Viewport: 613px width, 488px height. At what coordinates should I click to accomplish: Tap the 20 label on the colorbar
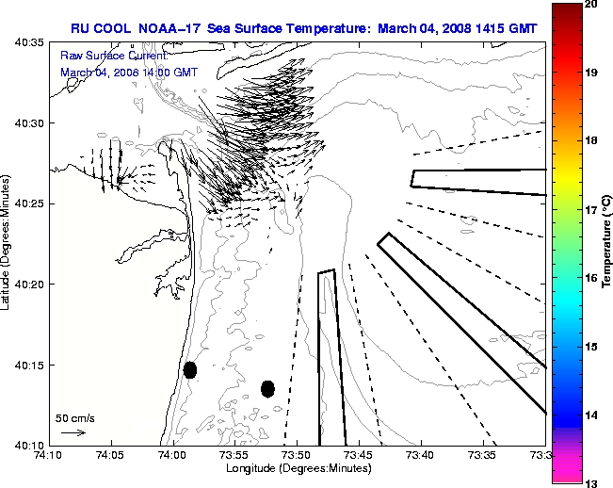click(x=591, y=6)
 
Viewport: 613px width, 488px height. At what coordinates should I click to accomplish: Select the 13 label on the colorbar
click(x=591, y=482)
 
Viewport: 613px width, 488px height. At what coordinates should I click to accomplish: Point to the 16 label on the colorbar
click(x=591, y=279)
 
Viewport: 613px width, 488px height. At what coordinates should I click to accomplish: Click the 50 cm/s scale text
click(x=74, y=417)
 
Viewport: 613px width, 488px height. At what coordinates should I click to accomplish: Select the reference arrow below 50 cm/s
click(x=73, y=432)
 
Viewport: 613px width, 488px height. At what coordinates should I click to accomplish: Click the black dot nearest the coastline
click(x=190, y=369)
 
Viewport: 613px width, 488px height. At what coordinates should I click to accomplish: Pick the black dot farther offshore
click(x=267, y=388)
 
